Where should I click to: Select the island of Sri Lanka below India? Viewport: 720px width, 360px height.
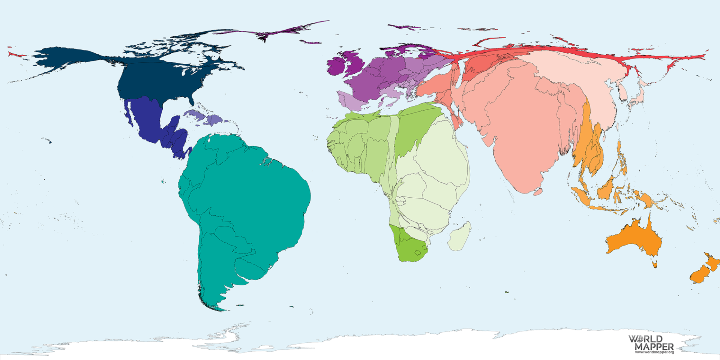click(x=538, y=192)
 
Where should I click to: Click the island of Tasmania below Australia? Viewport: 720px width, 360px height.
click(x=655, y=264)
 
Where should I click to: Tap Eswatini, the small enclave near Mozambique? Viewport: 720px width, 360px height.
click(x=424, y=247)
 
